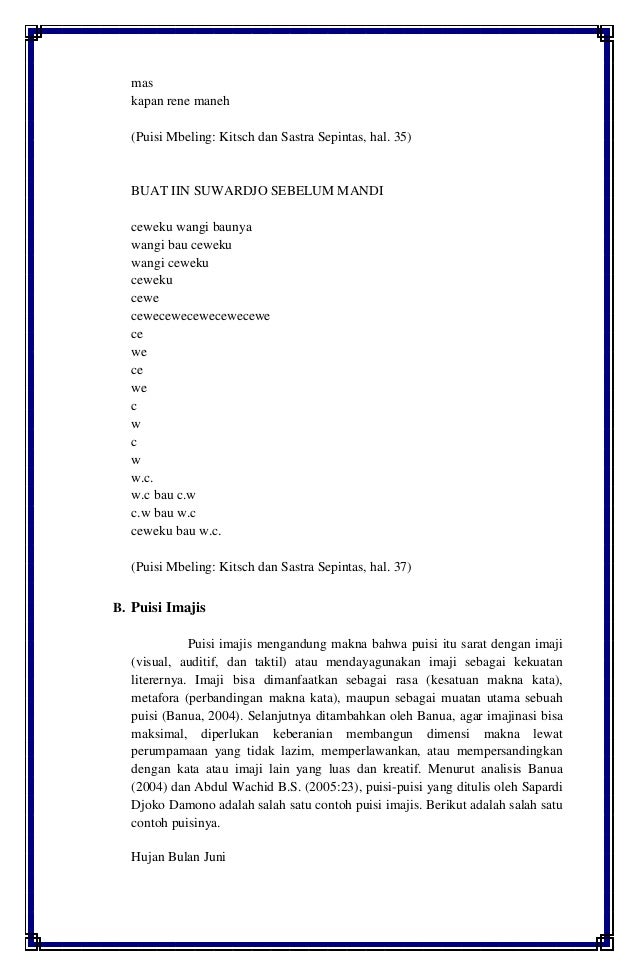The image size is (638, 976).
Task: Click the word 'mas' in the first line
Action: [142, 82]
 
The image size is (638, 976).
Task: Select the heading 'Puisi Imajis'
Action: [168, 606]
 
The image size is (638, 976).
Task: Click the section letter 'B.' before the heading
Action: [117, 606]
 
